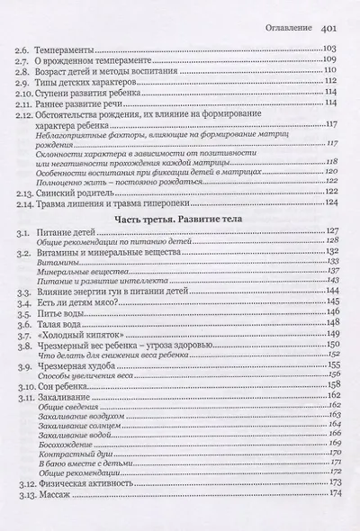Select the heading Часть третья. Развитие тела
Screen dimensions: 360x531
[x=181, y=217]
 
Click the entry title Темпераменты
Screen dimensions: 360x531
[x=75, y=47]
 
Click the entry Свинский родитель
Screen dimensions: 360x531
[x=82, y=191]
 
